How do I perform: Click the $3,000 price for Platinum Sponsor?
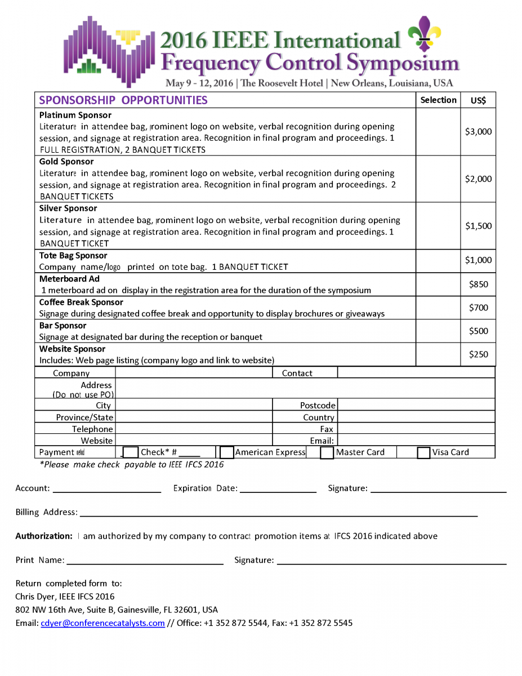(478, 132)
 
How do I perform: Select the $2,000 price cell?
(478, 179)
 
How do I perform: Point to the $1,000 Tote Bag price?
(478, 260)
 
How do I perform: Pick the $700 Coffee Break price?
(478, 308)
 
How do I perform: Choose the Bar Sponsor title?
(63, 326)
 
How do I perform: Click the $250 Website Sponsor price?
(478, 354)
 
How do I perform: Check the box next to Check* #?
(131, 452)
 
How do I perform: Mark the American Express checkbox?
(227, 452)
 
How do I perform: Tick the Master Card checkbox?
(327, 452)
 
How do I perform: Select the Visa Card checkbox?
(424, 452)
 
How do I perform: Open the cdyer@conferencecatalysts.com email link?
(102, 623)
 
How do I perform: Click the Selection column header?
(438, 100)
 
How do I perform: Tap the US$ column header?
(478, 101)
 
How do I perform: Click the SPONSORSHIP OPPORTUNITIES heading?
(123, 101)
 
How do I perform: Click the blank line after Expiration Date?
(278, 489)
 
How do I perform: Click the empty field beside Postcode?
(416, 405)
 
